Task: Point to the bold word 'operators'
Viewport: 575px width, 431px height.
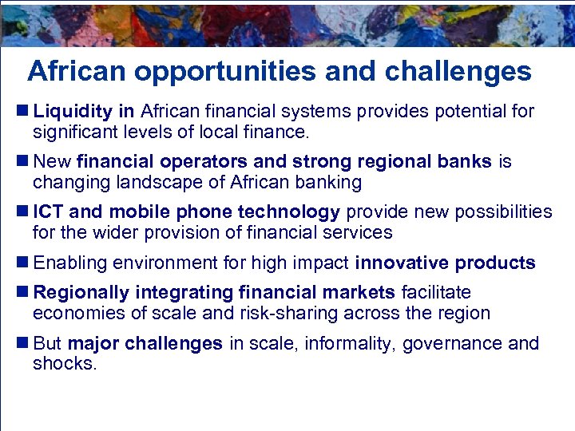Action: point(196,162)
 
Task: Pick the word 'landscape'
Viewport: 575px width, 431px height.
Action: point(152,182)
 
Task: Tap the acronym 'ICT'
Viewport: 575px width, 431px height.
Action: point(50,212)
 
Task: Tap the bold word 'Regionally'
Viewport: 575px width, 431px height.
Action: point(78,294)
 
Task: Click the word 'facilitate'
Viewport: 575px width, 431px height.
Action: point(436,294)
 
